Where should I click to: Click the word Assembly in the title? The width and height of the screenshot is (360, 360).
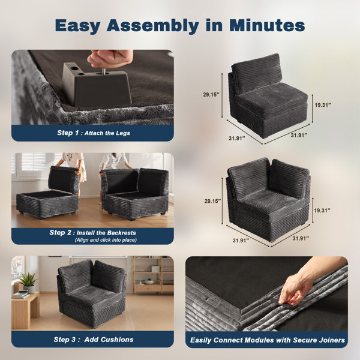point(152,26)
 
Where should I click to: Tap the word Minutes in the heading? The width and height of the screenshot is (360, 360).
point(267,25)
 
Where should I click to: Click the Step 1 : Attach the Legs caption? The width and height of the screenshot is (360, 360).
point(94,133)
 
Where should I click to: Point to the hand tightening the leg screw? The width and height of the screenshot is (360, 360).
point(110,58)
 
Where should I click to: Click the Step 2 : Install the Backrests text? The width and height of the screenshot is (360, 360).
point(92,233)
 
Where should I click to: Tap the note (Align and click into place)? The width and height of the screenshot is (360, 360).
point(106,240)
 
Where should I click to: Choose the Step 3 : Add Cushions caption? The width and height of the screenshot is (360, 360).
point(94,340)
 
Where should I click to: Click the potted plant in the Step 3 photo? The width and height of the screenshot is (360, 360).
point(28,283)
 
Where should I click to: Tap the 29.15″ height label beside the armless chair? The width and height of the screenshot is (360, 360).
point(211,94)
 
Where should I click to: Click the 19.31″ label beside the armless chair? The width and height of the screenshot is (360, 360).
point(323,105)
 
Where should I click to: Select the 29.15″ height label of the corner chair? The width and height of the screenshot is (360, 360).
point(212,201)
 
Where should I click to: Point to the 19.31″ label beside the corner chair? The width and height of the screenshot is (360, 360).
point(322,211)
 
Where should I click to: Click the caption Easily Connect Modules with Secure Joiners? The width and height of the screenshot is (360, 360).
point(268,340)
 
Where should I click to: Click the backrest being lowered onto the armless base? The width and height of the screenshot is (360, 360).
point(64,179)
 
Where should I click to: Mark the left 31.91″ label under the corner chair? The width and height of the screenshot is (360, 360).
point(241,241)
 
